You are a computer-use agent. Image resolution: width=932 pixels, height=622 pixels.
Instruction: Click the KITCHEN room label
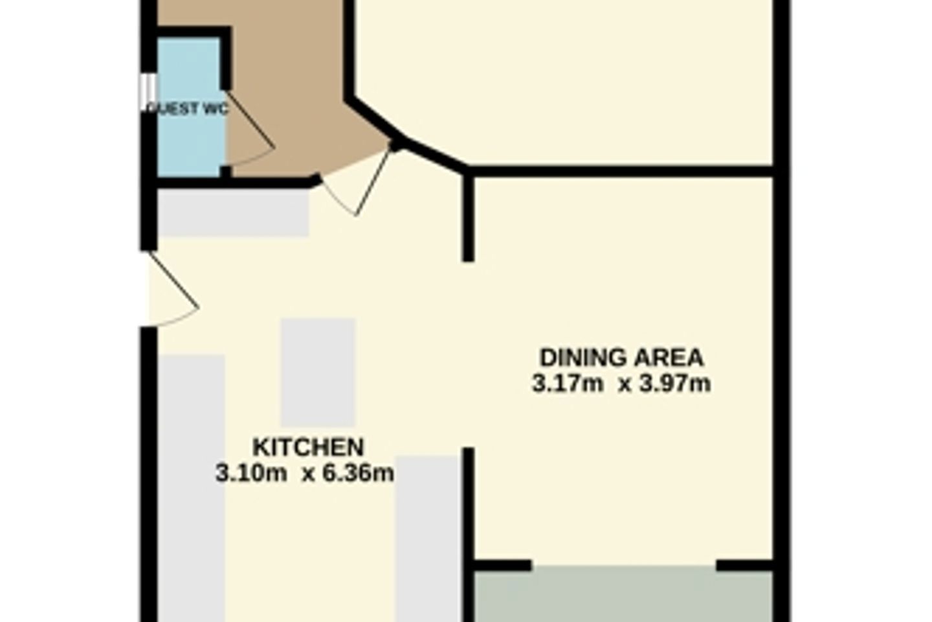pos(308,448)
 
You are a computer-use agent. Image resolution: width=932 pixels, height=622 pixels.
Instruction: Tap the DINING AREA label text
pos(621,358)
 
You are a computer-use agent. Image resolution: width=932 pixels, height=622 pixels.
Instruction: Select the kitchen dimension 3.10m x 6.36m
pos(305,473)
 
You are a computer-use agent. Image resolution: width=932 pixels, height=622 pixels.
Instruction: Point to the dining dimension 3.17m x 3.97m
pos(621,384)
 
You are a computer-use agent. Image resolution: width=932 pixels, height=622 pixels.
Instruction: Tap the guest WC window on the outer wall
pos(148,92)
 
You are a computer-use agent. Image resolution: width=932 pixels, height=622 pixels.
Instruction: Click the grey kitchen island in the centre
pos(318,373)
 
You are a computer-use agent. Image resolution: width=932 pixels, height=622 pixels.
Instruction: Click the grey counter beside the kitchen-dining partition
pos(428,539)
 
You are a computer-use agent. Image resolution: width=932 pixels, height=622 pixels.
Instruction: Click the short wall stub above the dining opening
pos(469,216)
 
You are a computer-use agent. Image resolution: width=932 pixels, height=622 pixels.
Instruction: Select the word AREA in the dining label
pos(669,358)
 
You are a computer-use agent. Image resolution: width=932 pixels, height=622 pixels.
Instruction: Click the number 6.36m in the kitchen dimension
pos(359,473)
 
